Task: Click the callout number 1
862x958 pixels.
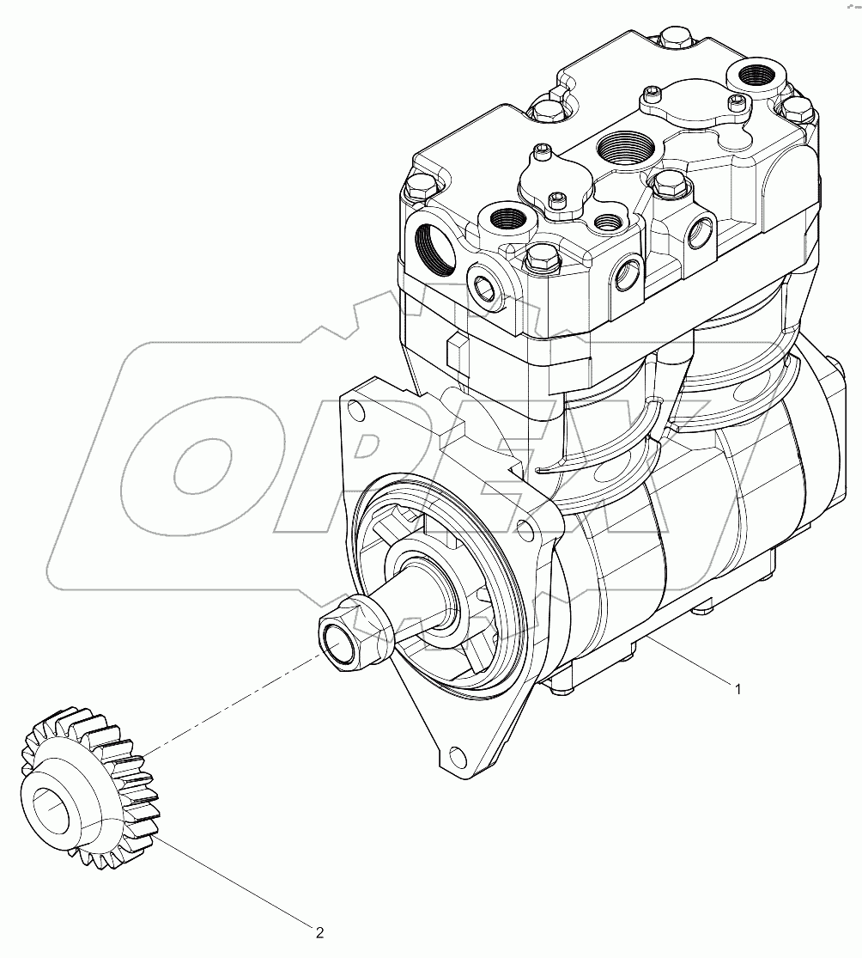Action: coord(737,686)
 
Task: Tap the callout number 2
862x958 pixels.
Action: coord(319,931)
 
